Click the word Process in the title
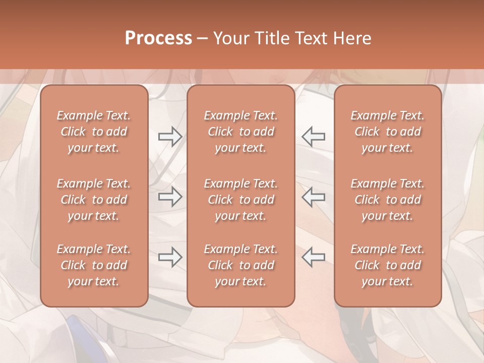158,38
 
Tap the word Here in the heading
352,38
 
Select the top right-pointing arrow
170,137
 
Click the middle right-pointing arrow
170,197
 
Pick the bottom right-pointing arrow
170,257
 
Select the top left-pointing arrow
314,137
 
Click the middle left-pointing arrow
314,197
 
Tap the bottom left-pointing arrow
314,257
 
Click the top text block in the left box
94,132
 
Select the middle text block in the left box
94,200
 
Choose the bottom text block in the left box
94,265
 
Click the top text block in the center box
240,132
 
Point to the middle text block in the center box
240,200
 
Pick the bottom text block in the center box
240,265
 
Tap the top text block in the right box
387,132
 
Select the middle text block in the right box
387,200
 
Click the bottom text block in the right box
387,265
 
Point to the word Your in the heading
231,38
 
